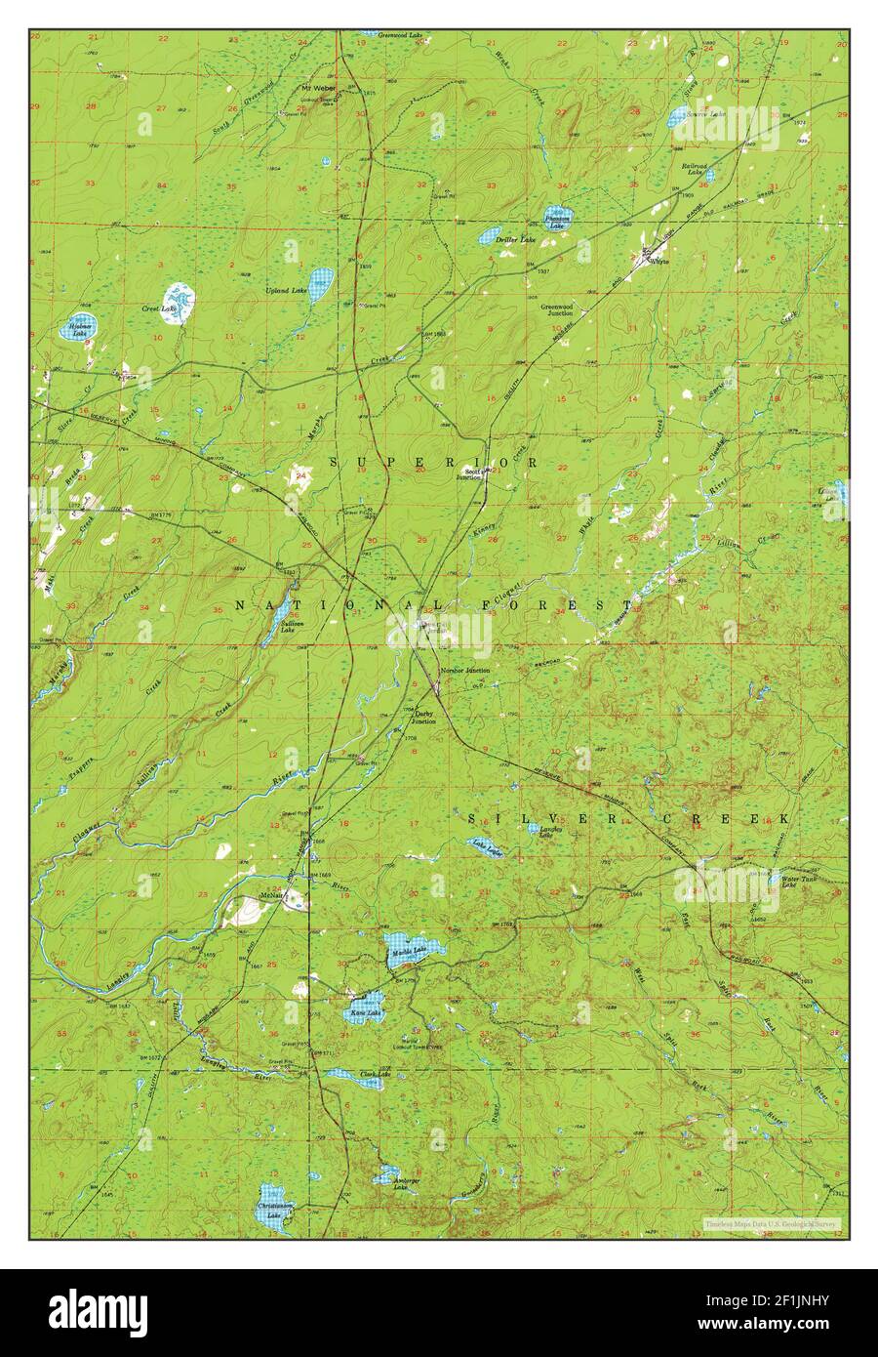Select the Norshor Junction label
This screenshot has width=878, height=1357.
click(x=464, y=671)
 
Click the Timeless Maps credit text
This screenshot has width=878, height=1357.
click(x=774, y=1223)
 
